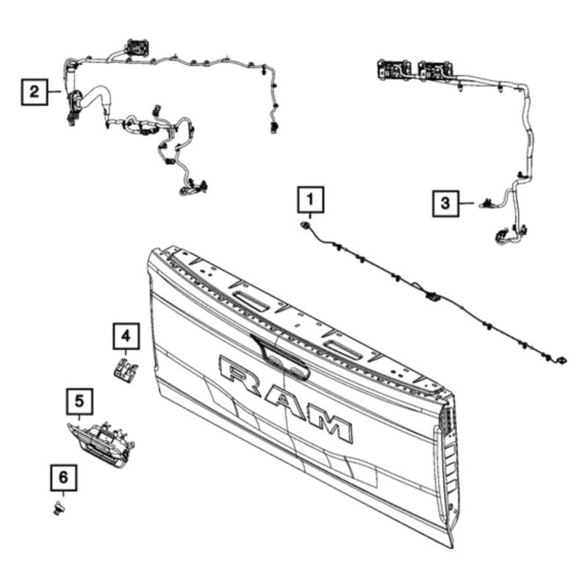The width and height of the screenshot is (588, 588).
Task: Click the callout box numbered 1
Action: tap(311, 200)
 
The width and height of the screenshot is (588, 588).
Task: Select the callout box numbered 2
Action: tap(34, 92)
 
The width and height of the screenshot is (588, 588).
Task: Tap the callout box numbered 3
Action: tap(445, 204)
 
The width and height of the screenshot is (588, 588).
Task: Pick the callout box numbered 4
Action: tap(126, 337)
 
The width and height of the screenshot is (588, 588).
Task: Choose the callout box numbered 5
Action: tap(79, 401)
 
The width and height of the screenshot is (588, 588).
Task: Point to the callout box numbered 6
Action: tap(64, 478)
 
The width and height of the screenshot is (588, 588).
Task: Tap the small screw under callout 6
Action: tap(60, 508)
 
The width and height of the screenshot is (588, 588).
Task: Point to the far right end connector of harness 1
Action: tap(562, 360)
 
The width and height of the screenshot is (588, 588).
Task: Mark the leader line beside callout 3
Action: tap(467, 204)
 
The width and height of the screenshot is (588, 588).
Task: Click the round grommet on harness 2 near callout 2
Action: tap(78, 98)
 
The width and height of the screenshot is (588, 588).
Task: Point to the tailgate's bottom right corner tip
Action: tap(453, 548)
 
